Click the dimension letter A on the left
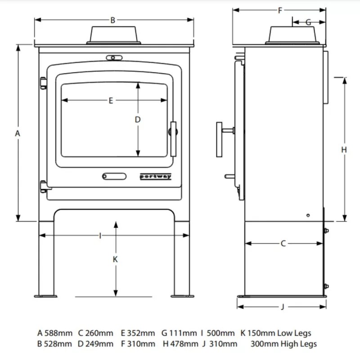click(18, 133)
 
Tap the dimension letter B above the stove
click(113, 20)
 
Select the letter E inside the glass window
click(111, 100)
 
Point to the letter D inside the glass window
click(138, 120)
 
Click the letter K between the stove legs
click(115, 259)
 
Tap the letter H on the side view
click(344, 150)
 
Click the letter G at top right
click(308, 22)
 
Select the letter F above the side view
click(280, 10)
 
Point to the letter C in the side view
click(283, 243)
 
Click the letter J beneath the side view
click(283, 307)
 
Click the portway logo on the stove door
click(155, 177)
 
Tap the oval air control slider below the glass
click(114, 176)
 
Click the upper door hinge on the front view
click(44, 83)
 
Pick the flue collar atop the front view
click(113, 35)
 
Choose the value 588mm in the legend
click(58, 333)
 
